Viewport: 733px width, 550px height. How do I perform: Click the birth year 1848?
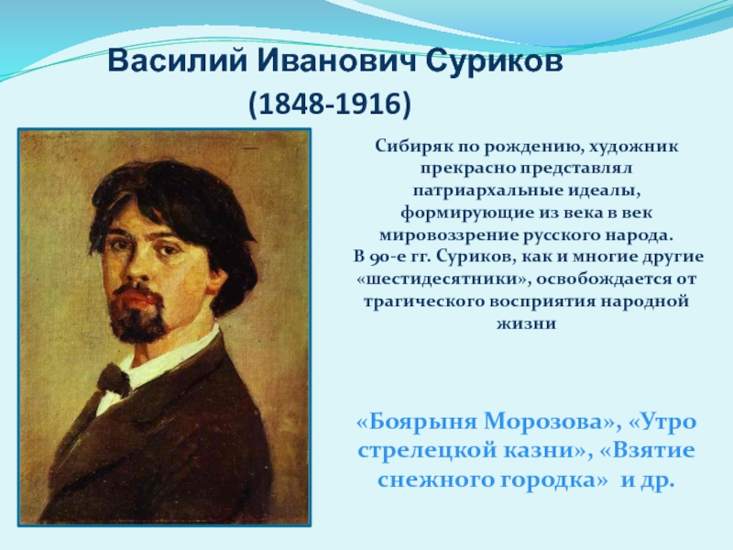(x=290, y=104)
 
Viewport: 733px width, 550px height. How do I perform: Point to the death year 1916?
(x=368, y=104)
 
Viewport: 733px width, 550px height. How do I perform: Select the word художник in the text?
(x=633, y=147)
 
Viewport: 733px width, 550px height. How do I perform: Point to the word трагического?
(x=423, y=302)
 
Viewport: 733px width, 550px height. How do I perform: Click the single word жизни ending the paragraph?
(x=526, y=324)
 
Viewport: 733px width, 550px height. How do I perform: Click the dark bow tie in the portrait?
(x=113, y=379)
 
